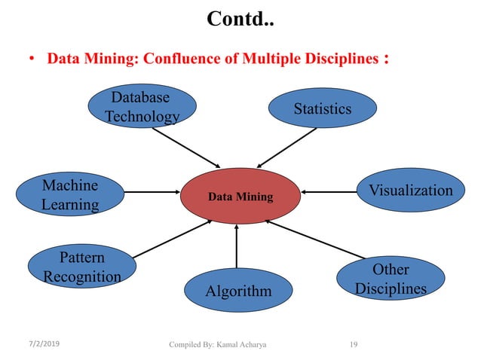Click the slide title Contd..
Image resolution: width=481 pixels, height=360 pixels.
tap(240, 19)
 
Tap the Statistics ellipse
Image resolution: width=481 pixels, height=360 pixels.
tap(322, 109)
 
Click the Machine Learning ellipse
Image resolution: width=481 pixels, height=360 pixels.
tap(70, 194)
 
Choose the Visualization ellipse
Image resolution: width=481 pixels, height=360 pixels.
tap(410, 191)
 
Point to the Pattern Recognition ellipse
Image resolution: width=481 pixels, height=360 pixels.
tap(82, 267)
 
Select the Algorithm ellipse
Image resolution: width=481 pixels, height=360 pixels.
tap(238, 290)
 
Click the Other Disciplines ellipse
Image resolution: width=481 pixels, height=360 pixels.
tap(391, 279)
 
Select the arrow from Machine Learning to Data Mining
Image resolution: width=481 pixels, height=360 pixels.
tap(151, 192)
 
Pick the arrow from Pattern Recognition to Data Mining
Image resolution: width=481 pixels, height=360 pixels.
tap(173, 239)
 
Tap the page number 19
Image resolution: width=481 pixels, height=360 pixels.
tap(354, 345)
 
